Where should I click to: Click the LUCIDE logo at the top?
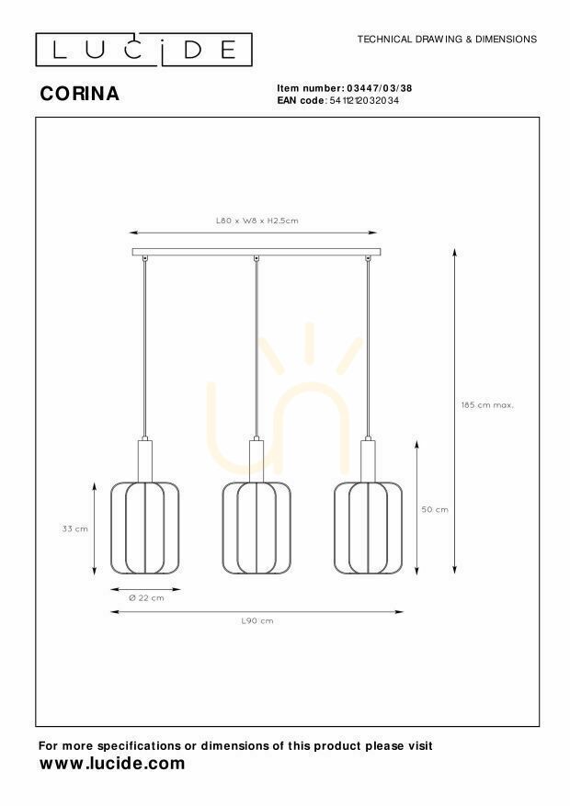click(x=144, y=50)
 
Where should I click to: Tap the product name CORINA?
click(x=80, y=94)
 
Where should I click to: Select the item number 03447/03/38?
click(x=380, y=88)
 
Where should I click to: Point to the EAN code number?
click(x=364, y=100)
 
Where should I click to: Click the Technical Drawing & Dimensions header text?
click(x=447, y=40)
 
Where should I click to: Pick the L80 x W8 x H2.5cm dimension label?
click(x=257, y=221)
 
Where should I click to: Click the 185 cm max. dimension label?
click(x=487, y=405)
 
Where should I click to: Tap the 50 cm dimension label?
click(x=435, y=509)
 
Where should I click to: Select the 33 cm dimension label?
click(x=75, y=528)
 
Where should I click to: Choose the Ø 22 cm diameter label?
click(x=146, y=597)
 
